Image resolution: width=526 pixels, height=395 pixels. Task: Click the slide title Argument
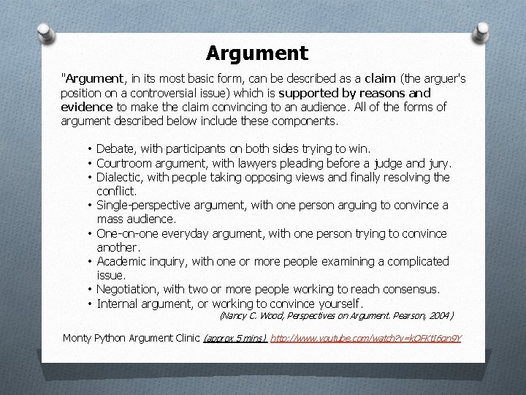coord(257,53)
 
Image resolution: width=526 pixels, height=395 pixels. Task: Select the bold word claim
coord(380,79)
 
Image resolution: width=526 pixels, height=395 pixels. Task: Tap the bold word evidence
coord(87,107)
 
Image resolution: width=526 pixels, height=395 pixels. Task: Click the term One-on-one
coord(126,233)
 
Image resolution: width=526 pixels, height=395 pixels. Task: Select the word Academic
coord(122,261)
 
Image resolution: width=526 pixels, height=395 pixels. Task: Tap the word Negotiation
coord(129,290)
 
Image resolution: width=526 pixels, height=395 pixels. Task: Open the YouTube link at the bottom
coord(366,338)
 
